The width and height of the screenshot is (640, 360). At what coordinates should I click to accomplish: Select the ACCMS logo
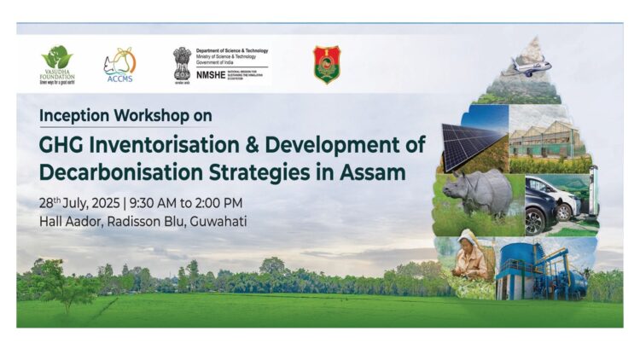coord(119,64)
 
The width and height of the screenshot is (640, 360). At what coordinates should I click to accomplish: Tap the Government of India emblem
coord(182,63)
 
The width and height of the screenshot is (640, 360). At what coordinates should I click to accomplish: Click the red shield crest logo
coord(326,65)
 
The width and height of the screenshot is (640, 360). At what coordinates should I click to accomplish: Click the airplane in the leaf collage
coord(527,67)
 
